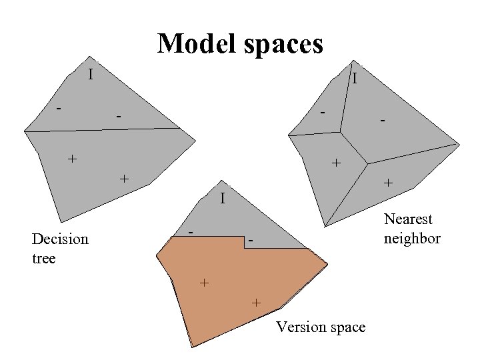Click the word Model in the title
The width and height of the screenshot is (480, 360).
(x=193, y=44)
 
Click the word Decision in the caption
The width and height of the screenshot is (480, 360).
(x=60, y=239)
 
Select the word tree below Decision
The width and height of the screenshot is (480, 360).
(x=43, y=258)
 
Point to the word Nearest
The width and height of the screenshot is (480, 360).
(x=408, y=219)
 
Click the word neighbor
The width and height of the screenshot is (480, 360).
(x=412, y=238)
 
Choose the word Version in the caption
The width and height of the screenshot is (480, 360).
(x=298, y=327)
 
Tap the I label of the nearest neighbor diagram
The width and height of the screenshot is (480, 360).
(x=355, y=79)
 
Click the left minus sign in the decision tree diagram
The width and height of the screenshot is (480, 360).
(x=59, y=107)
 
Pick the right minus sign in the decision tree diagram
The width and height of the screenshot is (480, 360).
(x=118, y=117)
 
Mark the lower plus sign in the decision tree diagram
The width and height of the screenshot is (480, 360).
(x=123, y=179)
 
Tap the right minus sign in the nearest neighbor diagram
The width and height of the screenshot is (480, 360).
(x=382, y=121)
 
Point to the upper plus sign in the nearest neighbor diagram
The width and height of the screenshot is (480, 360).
(x=336, y=162)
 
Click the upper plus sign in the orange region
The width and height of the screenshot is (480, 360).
(x=205, y=283)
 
